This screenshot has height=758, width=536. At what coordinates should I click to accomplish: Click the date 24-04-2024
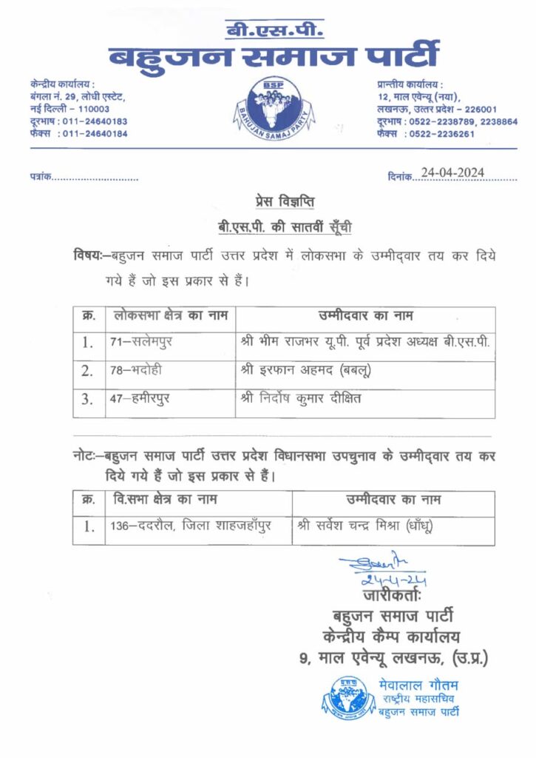(x=452, y=172)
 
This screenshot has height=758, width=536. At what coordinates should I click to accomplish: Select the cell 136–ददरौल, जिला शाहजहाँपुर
(x=189, y=527)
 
